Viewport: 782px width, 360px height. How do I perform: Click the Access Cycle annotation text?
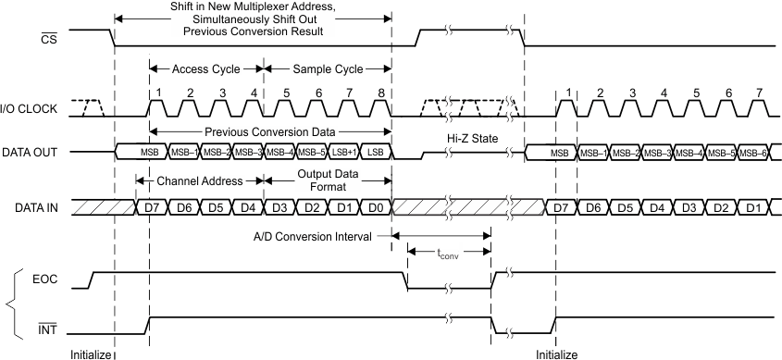(x=206, y=68)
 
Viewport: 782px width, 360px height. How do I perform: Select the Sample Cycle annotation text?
(x=328, y=68)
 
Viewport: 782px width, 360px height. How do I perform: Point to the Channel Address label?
(x=198, y=180)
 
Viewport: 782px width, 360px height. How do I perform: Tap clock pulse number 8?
(x=379, y=93)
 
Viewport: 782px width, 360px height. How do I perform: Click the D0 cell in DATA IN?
(x=374, y=206)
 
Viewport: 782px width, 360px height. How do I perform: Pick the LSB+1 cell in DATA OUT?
(x=342, y=152)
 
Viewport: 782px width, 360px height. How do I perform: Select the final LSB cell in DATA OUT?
(x=374, y=152)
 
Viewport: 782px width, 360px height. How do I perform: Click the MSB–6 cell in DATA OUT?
(x=752, y=152)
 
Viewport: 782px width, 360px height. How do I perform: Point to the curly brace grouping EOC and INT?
(x=12, y=302)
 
